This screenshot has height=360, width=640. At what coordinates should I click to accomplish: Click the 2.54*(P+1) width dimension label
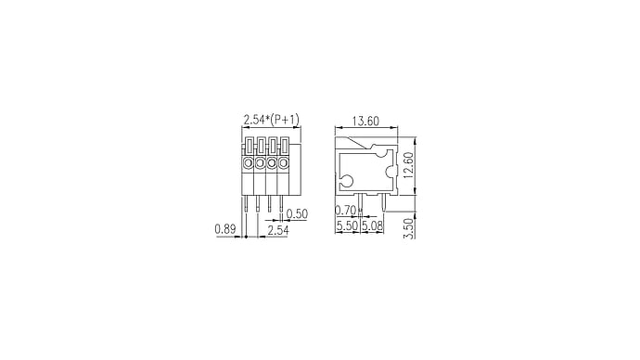[272, 120]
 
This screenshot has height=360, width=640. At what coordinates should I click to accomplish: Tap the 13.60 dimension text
[365, 122]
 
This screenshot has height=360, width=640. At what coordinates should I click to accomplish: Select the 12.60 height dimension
[408, 165]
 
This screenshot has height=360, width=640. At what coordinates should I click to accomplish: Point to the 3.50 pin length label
[408, 228]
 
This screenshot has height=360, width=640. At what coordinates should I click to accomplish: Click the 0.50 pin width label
[297, 214]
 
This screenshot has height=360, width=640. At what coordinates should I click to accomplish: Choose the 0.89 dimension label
[225, 229]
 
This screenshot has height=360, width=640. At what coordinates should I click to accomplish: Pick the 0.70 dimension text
[346, 211]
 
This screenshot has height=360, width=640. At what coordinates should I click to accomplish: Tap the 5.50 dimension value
[347, 225]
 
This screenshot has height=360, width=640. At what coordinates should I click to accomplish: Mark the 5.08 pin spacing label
[372, 225]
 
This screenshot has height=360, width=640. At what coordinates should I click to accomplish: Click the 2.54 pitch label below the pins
[278, 230]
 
